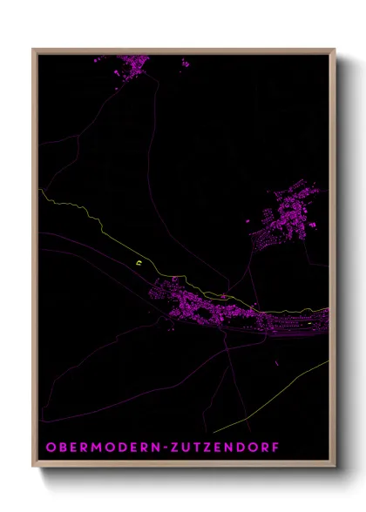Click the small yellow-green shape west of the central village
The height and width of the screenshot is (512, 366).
[138, 258]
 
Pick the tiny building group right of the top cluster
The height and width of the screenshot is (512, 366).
[185, 63]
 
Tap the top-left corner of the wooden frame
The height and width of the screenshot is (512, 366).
[34, 50]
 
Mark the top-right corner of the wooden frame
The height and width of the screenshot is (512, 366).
[335, 50]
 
